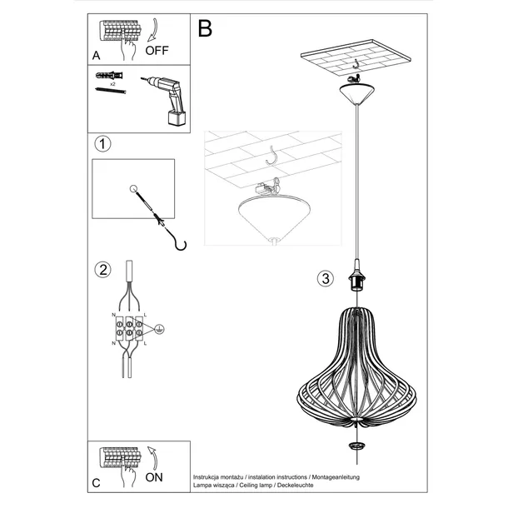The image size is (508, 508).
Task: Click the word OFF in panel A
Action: (157, 50)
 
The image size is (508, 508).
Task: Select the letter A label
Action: (97, 56)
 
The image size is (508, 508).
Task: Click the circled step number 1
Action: (102, 145)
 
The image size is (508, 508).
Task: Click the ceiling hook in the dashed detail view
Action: (271, 156)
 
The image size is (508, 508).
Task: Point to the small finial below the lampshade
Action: (359, 446)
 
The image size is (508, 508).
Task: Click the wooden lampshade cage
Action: (359, 366)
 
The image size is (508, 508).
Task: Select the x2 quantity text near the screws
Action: (112, 85)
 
